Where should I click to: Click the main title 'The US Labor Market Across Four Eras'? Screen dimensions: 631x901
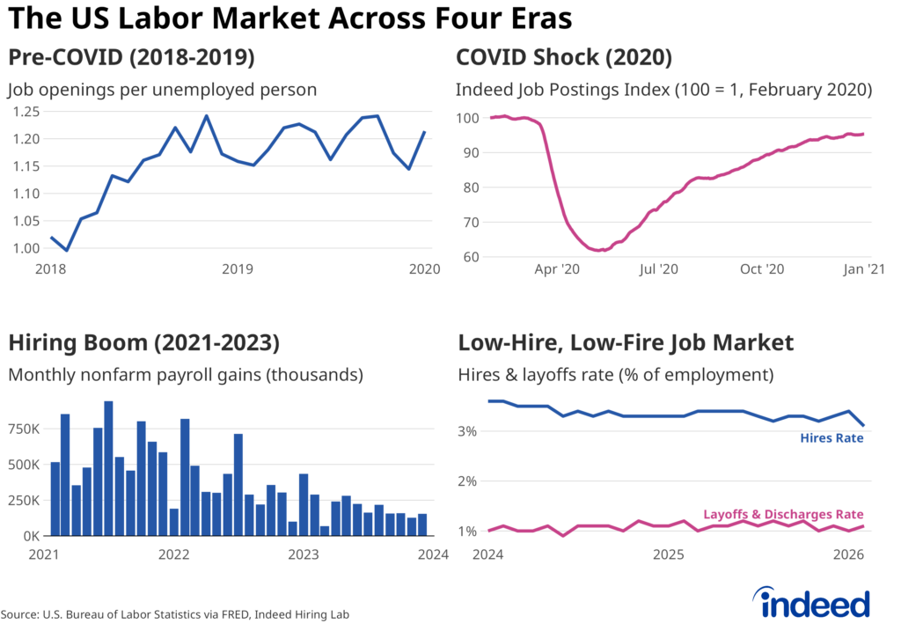point(289,18)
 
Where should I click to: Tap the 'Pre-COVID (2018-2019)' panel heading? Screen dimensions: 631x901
point(132,58)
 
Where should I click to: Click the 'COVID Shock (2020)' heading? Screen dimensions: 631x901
point(564,58)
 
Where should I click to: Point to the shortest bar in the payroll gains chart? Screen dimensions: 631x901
point(325,531)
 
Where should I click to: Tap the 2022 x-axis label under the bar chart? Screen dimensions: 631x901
point(173,554)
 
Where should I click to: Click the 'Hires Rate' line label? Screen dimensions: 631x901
point(831,438)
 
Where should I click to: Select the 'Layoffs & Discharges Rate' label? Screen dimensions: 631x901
point(783,515)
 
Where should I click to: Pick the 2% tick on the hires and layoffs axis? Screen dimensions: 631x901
point(467,481)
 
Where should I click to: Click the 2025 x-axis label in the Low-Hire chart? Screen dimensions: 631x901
point(669,554)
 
